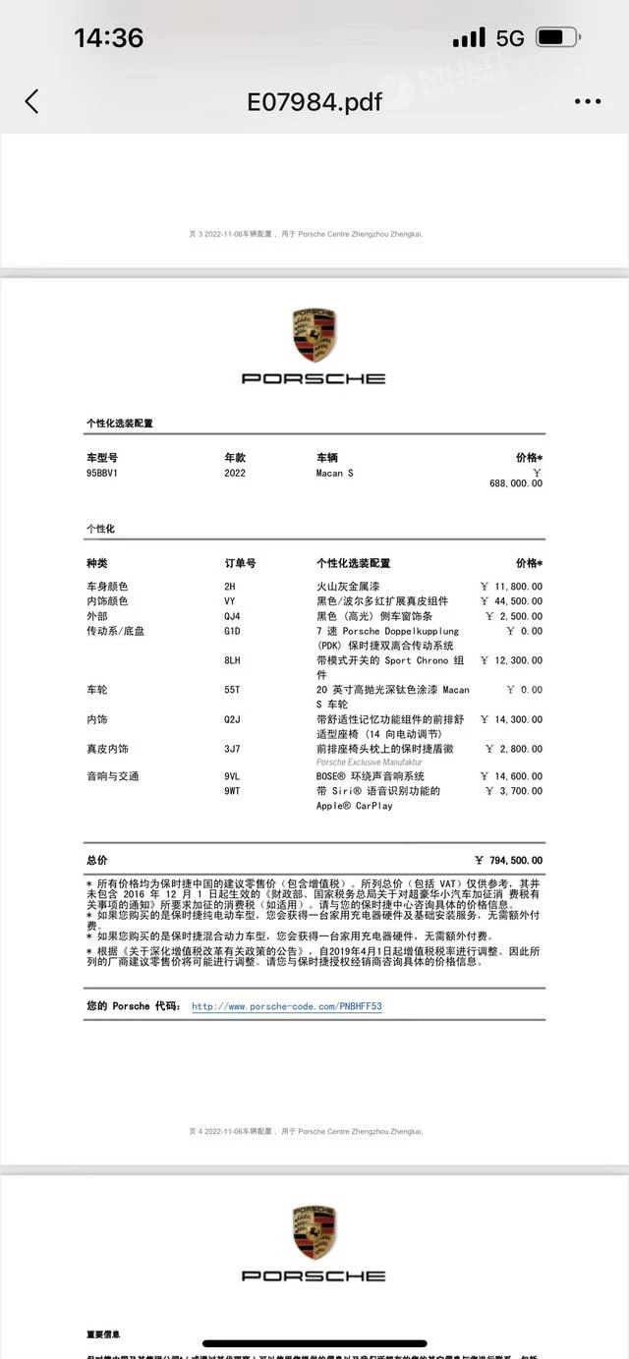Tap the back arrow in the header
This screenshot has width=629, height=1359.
point(31,101)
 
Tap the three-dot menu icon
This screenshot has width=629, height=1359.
point(587,101)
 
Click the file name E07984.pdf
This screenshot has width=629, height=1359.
point(314,101)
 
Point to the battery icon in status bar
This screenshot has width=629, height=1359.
point(557,38)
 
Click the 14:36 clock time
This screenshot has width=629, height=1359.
point(108,38)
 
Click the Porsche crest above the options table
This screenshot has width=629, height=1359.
point(314,334)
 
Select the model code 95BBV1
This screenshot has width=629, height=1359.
point(102,473)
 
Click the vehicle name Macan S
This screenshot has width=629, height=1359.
point(334,473)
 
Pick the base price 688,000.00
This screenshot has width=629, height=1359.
point(515,483)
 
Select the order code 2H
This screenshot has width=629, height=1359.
point(230,587)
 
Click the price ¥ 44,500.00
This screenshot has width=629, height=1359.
point(511,601)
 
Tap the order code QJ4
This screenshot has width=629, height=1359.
point(232,616)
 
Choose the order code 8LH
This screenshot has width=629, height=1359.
point(232,660)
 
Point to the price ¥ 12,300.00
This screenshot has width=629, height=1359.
point(511,660)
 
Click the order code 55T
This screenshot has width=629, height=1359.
point(232,690)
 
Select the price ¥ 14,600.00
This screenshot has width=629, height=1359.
point(511,776)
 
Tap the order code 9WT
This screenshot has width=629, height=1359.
point(232,791)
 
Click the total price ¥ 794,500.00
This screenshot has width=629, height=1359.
point(508,861)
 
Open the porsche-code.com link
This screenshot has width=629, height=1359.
point(286,1006)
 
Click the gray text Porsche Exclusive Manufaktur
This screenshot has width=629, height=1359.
point(369,763)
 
